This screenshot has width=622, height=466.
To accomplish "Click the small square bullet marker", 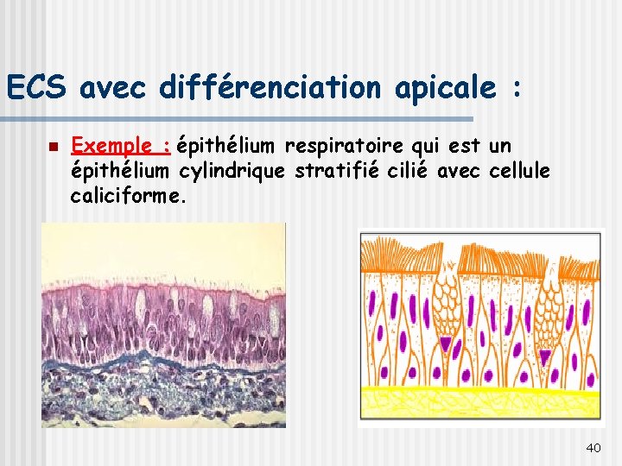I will [x=53, y=148].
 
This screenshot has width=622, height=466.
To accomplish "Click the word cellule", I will [x=519, y=171].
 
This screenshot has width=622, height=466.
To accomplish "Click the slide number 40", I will [x=593, y=447].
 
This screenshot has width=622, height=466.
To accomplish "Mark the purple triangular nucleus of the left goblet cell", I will [x=447, y=345].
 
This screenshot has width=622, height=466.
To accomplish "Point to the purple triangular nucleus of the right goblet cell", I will [x=544, y=355].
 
